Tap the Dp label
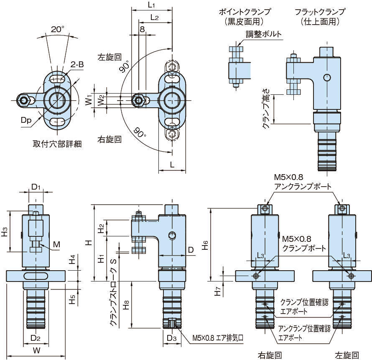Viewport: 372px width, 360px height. point(26,120)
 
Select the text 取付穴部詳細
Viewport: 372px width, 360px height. point(57,144)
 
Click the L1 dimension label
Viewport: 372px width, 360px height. point(152,5)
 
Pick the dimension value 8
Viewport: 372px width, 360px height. point(142,29)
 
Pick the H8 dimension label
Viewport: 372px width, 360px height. point(126,307)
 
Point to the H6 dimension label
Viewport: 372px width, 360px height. point(205,246)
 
